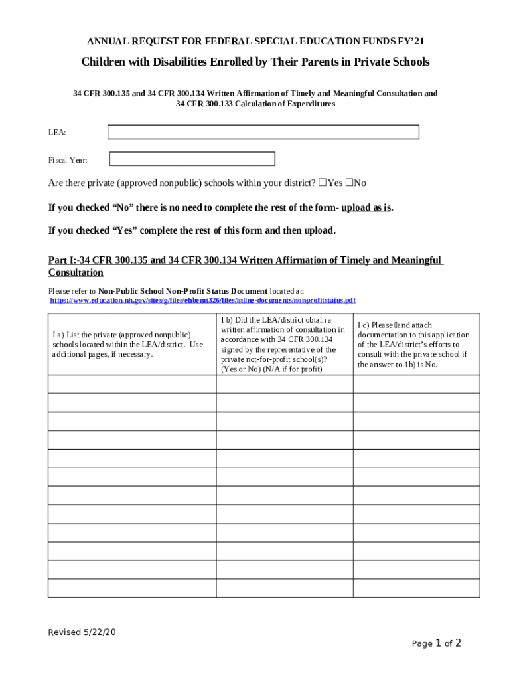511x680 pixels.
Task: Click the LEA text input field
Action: pyautogui.click(x=263, y=132)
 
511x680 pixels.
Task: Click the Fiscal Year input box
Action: pyautogui.click(x=192, y=159)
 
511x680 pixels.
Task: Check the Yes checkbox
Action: pyautogui.click(x=323, y=183)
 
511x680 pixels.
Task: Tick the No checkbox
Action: pyautogui.click(x=350, y=183)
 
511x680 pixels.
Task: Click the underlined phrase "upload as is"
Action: pyautogui.click(x=366, y=207)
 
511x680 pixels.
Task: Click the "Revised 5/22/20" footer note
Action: pyautogui.click(x=82, y=632)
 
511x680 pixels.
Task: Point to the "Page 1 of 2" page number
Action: pyautogui.click(x=436, y=643)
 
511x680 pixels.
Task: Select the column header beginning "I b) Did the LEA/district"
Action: pyautogui.click(x=284, y=344)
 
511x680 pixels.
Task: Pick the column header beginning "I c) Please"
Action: pyautogui.click(x=416, y=344)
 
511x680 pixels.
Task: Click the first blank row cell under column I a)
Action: pyautogui.click(x=131, y=384)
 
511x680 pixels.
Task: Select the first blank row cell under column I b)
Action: pyautogui.click(x=284, y=384)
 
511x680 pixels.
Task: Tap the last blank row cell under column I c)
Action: pyautogui.click(x=416, y=588)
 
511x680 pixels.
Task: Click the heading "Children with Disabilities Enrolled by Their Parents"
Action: pyautogui.click(x=256, y=62)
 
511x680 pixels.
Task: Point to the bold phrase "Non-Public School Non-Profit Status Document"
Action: pyautogui.click(x=183, y=291)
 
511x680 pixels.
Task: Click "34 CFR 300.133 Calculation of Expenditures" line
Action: pyautogui.click(x=256, y=104)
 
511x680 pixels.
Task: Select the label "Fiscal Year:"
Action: pyautogui.click(x=68, y=160)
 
